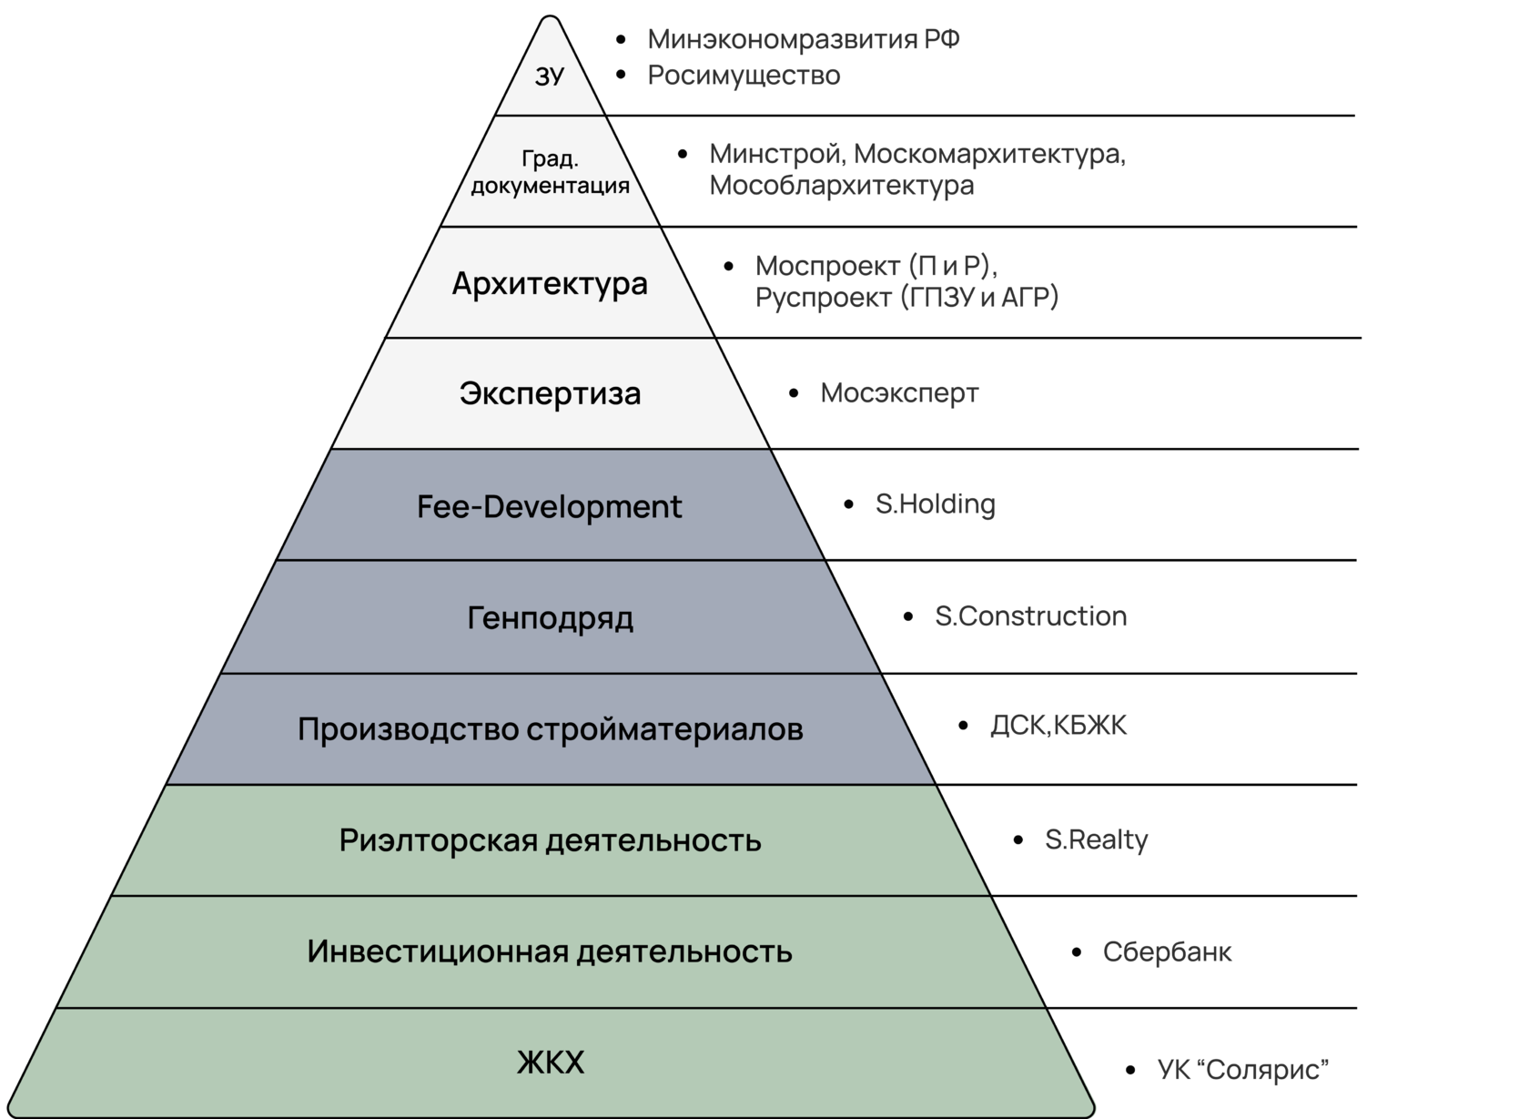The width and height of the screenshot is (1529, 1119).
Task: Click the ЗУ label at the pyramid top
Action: pyautogui.click(x=549, y=77)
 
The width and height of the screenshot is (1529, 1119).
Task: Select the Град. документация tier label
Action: pyautogui.click(x=550, y=173)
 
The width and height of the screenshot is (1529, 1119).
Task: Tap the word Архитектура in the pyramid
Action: pyautogui.click(x=550, y=284)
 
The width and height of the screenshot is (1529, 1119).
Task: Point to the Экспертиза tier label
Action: pyautogui.click(x=550, y=393)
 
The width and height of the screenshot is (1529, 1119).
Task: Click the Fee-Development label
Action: pyautogui.click(x=549, y=506)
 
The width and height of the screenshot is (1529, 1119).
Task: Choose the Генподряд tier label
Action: pyautogui.click(x=550, y=618)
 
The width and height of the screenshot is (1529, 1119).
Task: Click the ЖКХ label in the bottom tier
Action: pyautogui.click(x=550, y=1063)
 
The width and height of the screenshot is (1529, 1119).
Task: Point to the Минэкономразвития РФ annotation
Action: pyautogui.click(x=804, y=40)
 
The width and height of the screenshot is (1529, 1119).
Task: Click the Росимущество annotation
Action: pyautogui.click(x=744, y=76)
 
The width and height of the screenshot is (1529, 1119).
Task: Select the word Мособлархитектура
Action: pyautogui.click(x=841, y=186)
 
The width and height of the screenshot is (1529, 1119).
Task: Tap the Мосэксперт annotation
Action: pyautogui.click(x=899, y=393)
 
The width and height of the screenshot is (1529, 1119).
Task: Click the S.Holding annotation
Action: pyautogui.click(x=935, y=504)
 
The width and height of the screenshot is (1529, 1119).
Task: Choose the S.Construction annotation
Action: pyautogui.click(x=1030, y=616)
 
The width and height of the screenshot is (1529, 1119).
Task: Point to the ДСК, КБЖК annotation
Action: pyautogui.click(x=1058, y=726)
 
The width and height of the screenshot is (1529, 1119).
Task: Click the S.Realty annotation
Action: pyautogui.click(x=1096, y=839)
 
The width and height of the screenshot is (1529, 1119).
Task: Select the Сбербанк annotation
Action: pyautogui.click(x=1167, y=952)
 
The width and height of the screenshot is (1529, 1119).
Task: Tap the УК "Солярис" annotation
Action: pyautogui.click(x=1242, y=1070)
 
